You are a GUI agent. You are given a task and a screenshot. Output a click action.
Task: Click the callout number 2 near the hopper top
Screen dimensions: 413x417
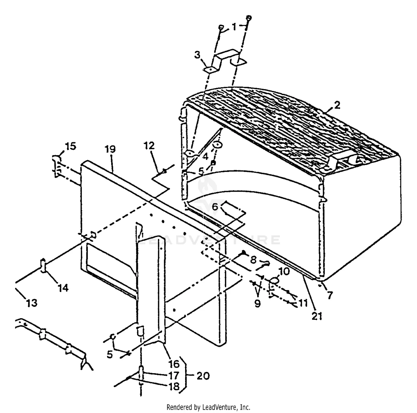pyautogui.click(x=337, y=105)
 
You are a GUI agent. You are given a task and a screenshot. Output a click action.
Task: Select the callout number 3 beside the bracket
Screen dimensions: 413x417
pyautogui.click(x=197, y=55)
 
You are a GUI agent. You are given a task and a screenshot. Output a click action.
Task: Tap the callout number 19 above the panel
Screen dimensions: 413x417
pyautogui.click(x=110, y=149)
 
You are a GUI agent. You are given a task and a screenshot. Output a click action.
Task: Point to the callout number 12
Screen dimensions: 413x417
pyautogui.click(x=149, y=146)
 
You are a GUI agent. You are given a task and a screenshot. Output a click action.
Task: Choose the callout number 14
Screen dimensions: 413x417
pyautogui.click(x=63, y=288)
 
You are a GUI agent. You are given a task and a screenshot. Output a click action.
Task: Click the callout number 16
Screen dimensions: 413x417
pyautogui.click(x=174, y=363)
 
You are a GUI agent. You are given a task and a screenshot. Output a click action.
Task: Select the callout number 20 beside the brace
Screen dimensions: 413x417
pyautogui.click(x=203, y=376)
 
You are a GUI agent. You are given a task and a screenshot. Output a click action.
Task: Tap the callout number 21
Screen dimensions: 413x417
pyautogui.click(x=317, y=316)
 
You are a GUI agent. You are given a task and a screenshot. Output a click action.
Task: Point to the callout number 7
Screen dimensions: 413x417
pyautogui.click(x=330, y=295)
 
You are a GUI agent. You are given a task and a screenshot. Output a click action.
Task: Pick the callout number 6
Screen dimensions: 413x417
pyautogui.click(x=215, y=207)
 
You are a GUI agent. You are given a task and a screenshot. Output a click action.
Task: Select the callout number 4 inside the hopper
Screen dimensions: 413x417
pyautogui.click(x=205, y=157)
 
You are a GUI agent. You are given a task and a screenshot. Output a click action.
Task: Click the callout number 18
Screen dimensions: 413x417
pyautogui.click(x=174, y=387)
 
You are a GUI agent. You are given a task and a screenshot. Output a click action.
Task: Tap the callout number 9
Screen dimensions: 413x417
pyautogui.click(x=257, y=303)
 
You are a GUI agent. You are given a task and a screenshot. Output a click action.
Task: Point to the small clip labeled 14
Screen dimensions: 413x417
pyautogui.click(x=43, y=266)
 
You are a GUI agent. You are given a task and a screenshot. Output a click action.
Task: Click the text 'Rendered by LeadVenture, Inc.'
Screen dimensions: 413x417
pyautogui.click(x=208, y=407)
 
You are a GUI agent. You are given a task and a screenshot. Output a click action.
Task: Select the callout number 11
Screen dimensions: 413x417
pyautogui.click(x=303, y=303)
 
